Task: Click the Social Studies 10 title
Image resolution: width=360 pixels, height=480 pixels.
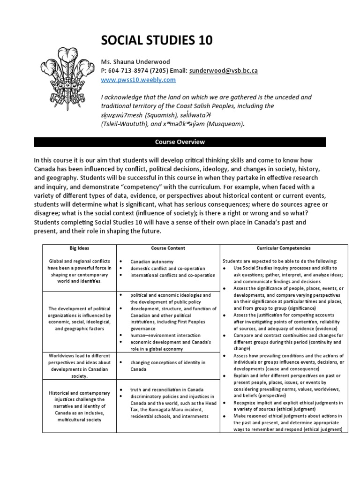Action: pyautogui.click(x=157, y=41)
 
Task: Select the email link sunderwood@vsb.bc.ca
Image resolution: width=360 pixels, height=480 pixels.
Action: pyautogui.click(x=223, y=71)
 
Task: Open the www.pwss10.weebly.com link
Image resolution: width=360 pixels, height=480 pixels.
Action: pyautogui.click(x=138, y=80)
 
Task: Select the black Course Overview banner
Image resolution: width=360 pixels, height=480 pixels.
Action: pyautogui.click(x=180, y=142)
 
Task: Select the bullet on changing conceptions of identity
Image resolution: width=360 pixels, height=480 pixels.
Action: pyautogui.click(x=167, y=363)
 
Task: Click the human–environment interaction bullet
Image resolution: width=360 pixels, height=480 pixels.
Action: pyautogui.click(x=165, y=335)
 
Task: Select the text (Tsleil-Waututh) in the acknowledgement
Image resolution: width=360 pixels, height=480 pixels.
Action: pyautogui.click(x=124, y=124)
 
